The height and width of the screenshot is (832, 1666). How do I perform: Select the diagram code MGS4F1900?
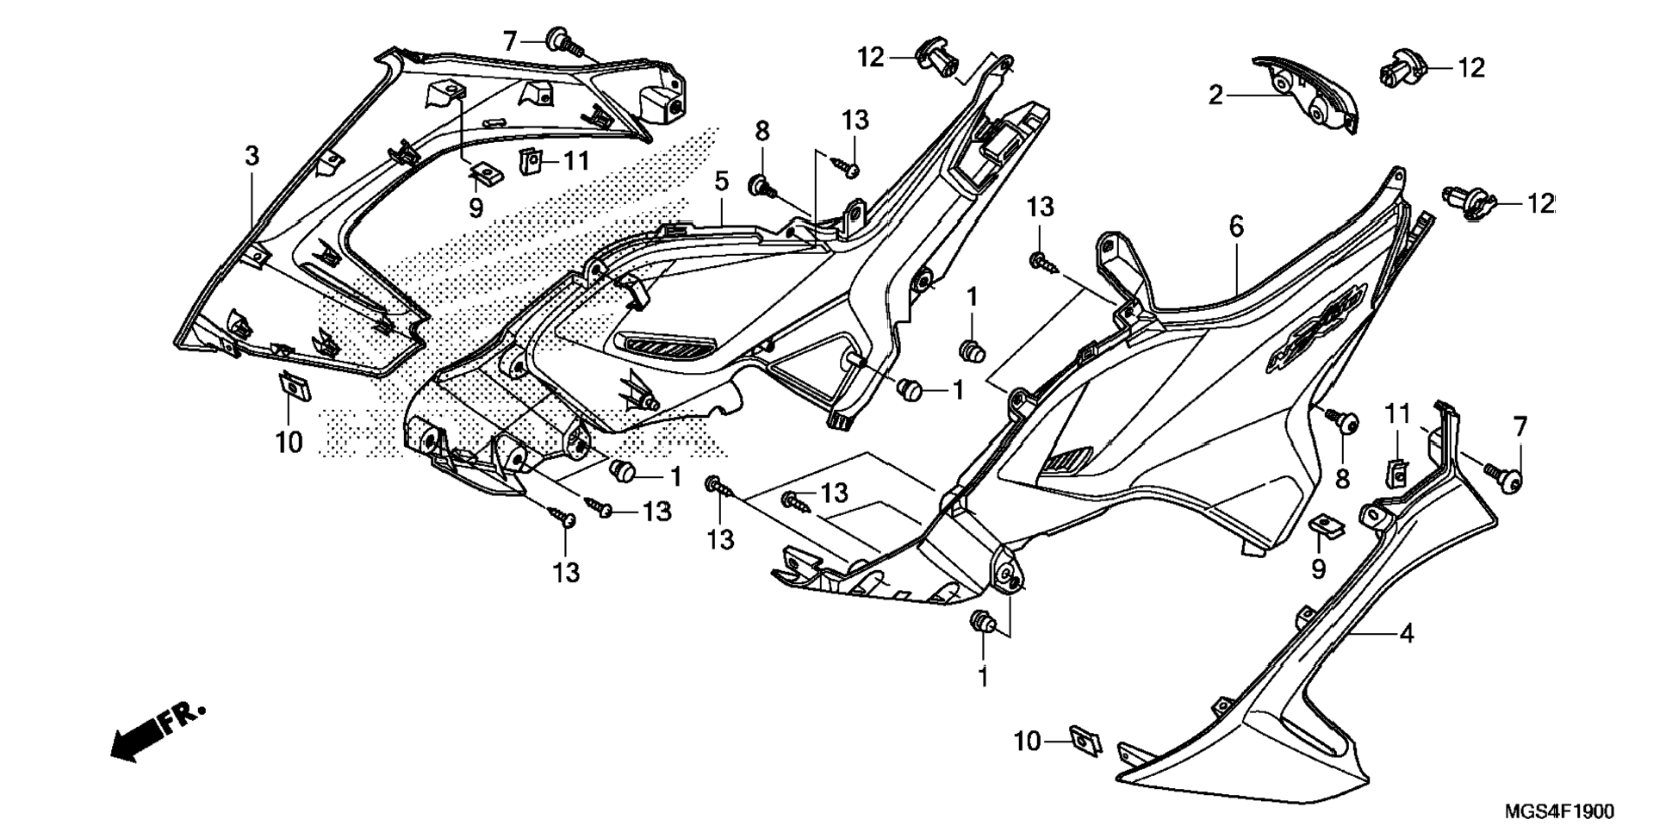[1559, 811]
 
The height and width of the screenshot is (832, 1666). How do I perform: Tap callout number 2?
[1215, 96]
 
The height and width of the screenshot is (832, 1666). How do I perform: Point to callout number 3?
[252, 156]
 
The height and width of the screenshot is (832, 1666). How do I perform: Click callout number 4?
[1407, 634]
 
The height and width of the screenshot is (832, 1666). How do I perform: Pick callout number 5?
[722, 182]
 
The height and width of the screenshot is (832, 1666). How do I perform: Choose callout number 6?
[1236, 227]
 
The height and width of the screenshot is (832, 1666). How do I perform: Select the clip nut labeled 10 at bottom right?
[1085, 740]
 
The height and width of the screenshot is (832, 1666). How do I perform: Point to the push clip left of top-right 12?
[1401, 68]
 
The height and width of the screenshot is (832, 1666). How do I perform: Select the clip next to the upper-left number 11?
[531, 160]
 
